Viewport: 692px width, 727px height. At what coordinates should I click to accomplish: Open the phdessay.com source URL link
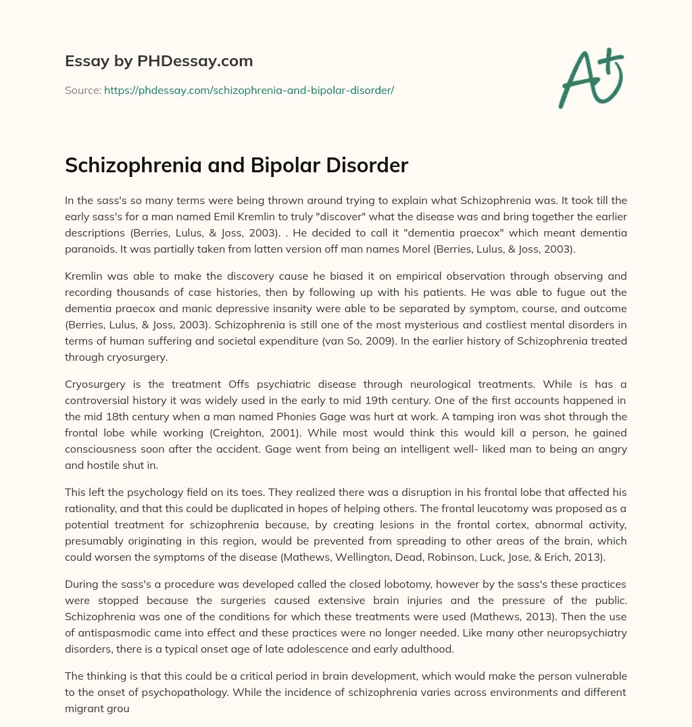click(x=249, y=90)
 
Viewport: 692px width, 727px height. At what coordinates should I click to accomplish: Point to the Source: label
click(x=82, y=90)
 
